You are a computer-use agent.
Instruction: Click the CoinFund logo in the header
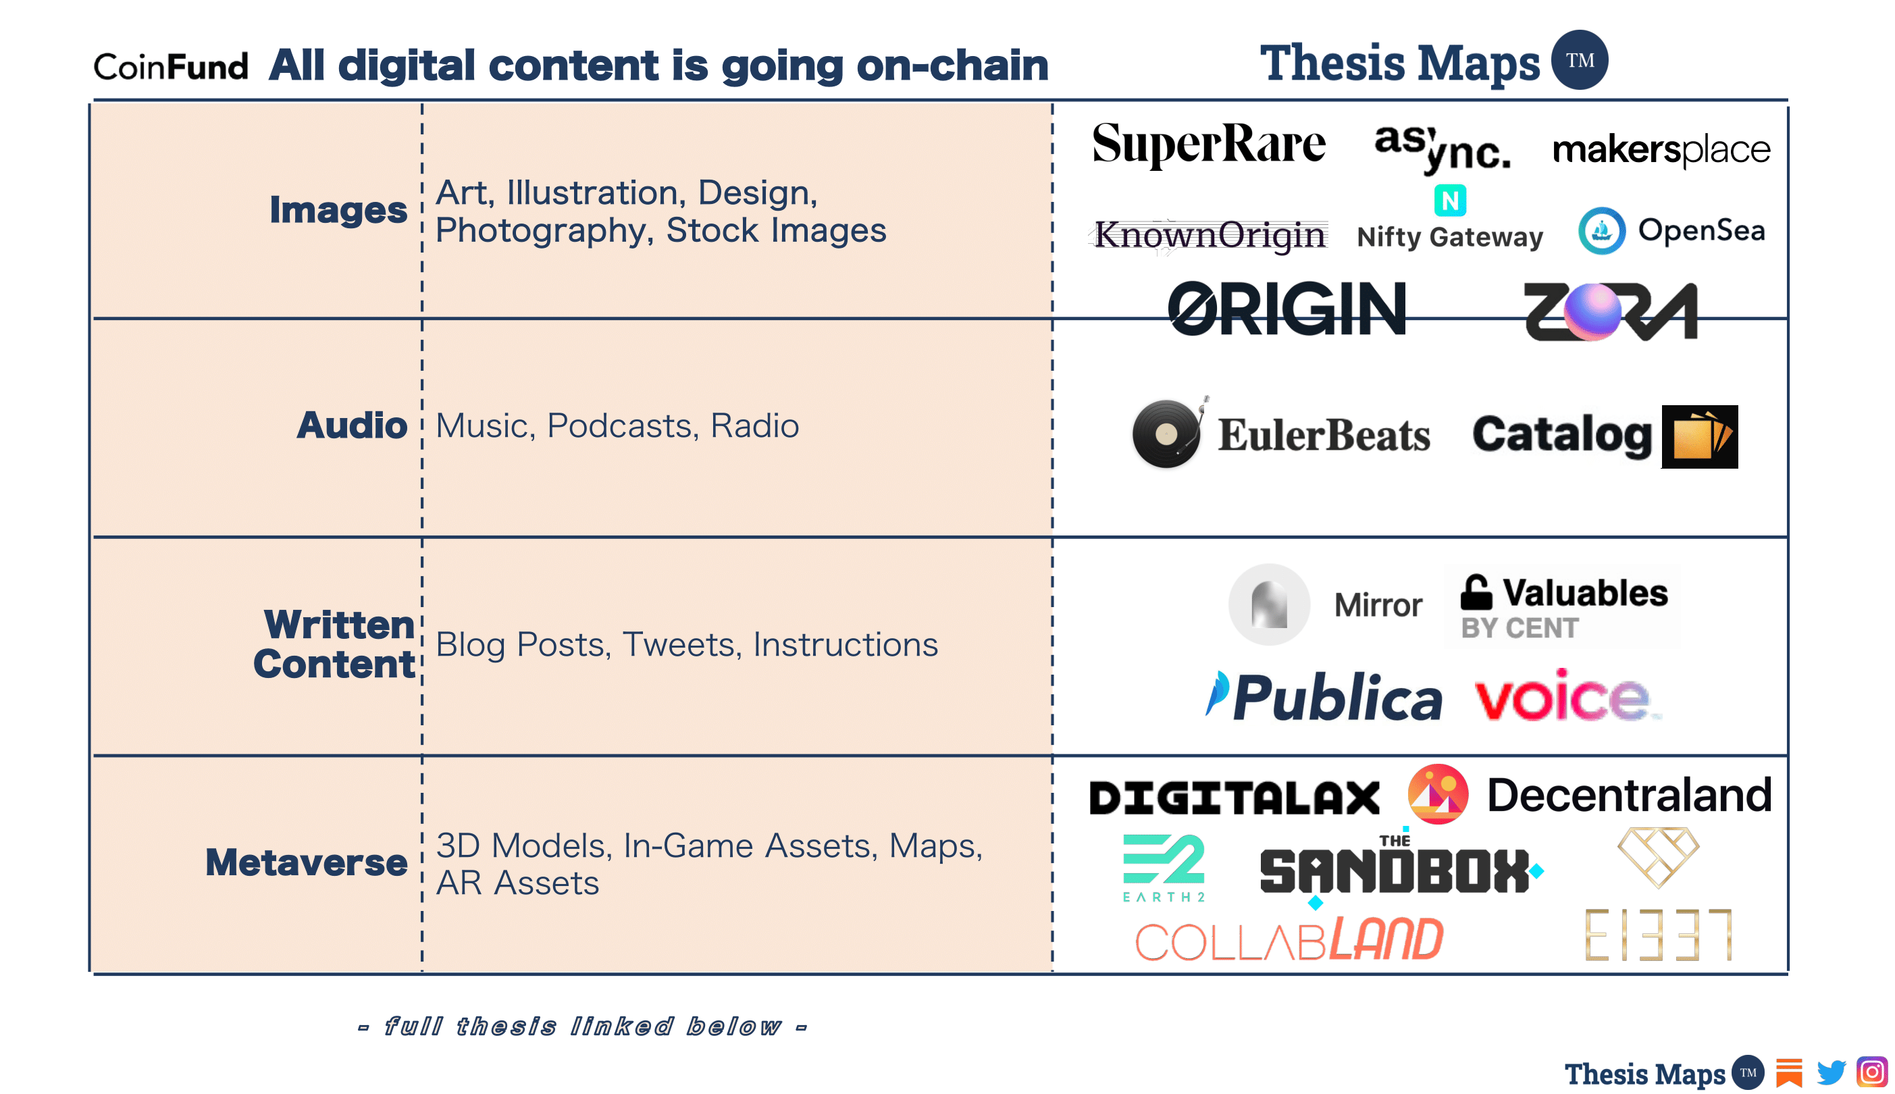(x=171, y=67)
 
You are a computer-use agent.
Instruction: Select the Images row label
(x=338, y=209)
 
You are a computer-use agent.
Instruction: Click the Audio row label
(x=351, y=425)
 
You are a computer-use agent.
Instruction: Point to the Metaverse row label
(x=306, y=862)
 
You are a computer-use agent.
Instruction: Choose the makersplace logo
(x=1660, y=149)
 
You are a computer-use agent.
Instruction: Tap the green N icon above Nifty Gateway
(x=1449, y=201)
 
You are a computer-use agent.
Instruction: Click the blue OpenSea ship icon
(x=1601, y=231)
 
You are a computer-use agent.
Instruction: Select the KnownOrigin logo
(x=1208, y=234)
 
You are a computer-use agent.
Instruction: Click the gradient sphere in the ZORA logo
(x=1592, y=311)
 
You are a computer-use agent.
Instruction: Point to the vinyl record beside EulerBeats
(x=1166, y=434)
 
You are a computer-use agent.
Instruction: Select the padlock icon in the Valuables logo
(x=1475, y=592)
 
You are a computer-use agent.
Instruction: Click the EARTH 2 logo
(x=1162, y=866)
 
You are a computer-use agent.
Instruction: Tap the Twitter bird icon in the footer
(x=1830, y=1073)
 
